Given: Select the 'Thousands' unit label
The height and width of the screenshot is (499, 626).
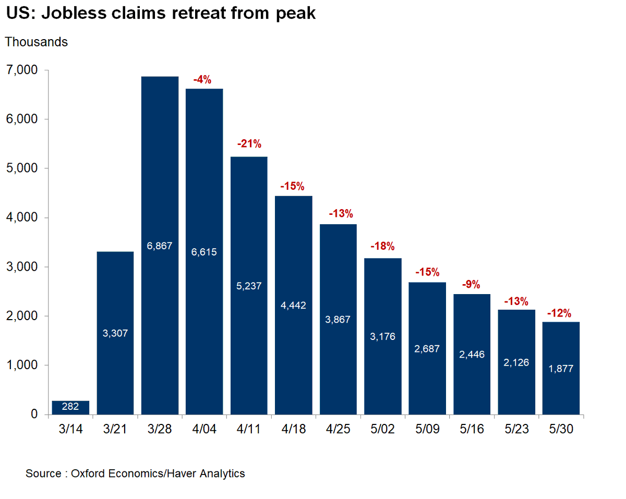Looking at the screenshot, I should (37, 42).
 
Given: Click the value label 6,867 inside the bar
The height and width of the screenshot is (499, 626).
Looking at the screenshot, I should (160, 246).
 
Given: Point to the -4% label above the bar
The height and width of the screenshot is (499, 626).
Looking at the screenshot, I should (202, 80).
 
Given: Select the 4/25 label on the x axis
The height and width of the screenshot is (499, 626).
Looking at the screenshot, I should (338, 429).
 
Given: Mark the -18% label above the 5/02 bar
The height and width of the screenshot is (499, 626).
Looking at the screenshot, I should (382, 246).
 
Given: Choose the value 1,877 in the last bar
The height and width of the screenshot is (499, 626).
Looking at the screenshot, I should (561, 369).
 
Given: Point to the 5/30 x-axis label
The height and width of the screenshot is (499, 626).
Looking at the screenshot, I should (561, 429).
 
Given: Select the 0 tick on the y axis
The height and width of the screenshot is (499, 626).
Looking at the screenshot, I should (34, 415).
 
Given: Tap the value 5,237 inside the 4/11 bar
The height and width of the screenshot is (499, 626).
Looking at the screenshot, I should (249, 286).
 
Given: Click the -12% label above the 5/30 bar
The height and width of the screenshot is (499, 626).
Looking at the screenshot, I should (559, 313).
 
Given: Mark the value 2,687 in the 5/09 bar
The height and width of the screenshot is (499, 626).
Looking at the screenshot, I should (427, 349).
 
